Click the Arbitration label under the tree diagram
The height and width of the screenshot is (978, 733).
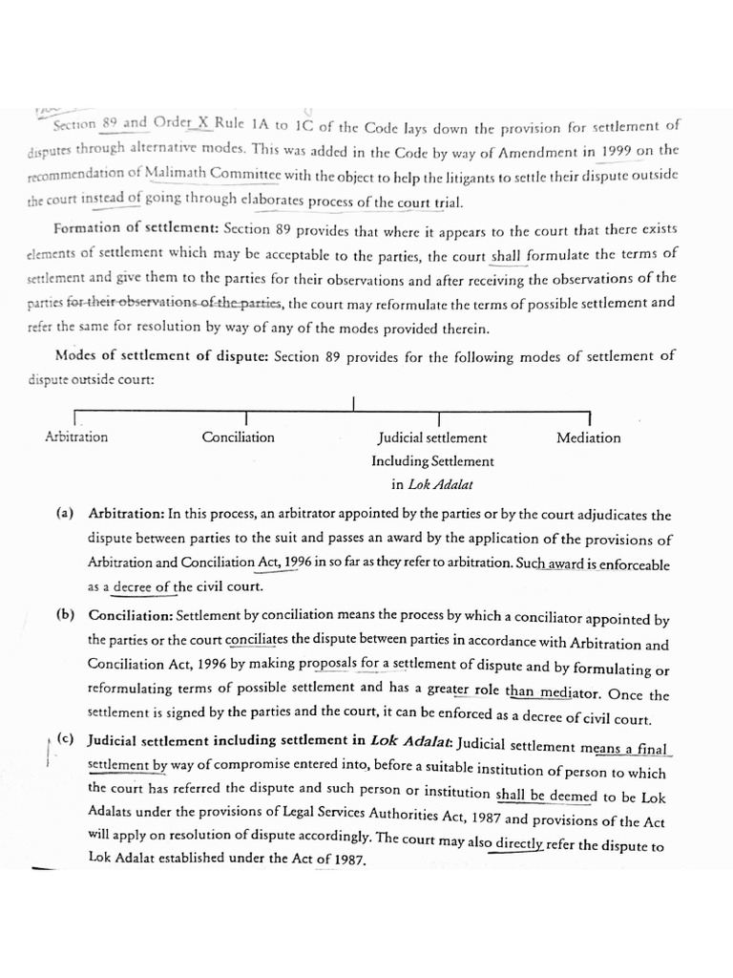[x=76, y=437]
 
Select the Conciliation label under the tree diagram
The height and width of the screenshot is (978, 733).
[x=238, y=437]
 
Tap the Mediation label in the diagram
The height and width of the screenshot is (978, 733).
[x=588, y=438]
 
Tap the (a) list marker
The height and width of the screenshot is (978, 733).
[x=65, y=513]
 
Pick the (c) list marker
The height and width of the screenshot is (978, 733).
[x=66, y=740]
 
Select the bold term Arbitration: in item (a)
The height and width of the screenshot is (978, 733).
[x=126, y=513]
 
